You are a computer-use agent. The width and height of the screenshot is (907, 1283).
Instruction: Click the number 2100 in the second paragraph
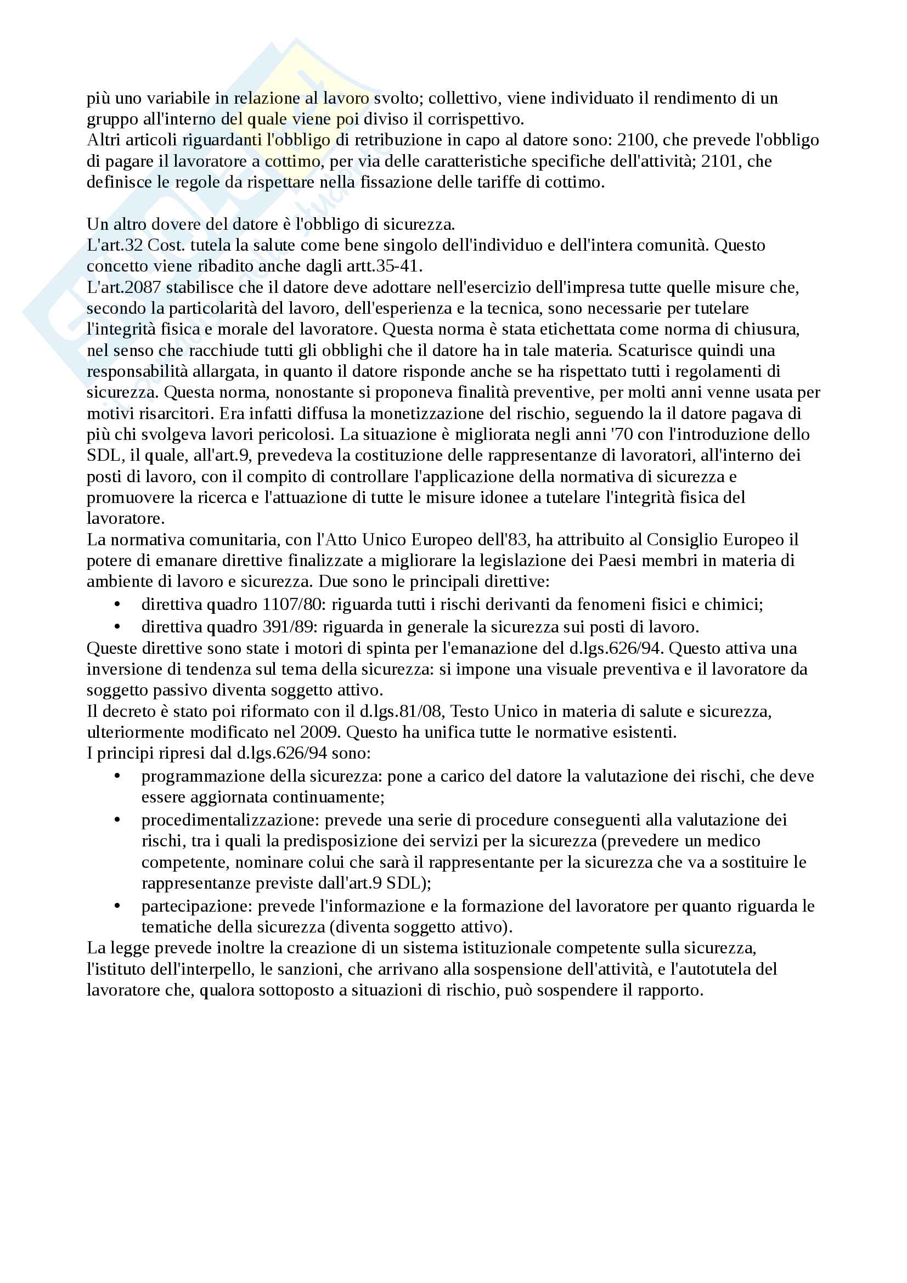(635, 140)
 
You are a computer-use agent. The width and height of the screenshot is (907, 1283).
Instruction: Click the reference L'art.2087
(123, 287)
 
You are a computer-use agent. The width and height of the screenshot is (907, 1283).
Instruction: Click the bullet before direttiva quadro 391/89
(117, 627)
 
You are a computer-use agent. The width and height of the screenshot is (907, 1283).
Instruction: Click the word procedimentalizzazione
(230, 819)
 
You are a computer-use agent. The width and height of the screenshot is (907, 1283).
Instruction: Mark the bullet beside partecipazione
(117, 906)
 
